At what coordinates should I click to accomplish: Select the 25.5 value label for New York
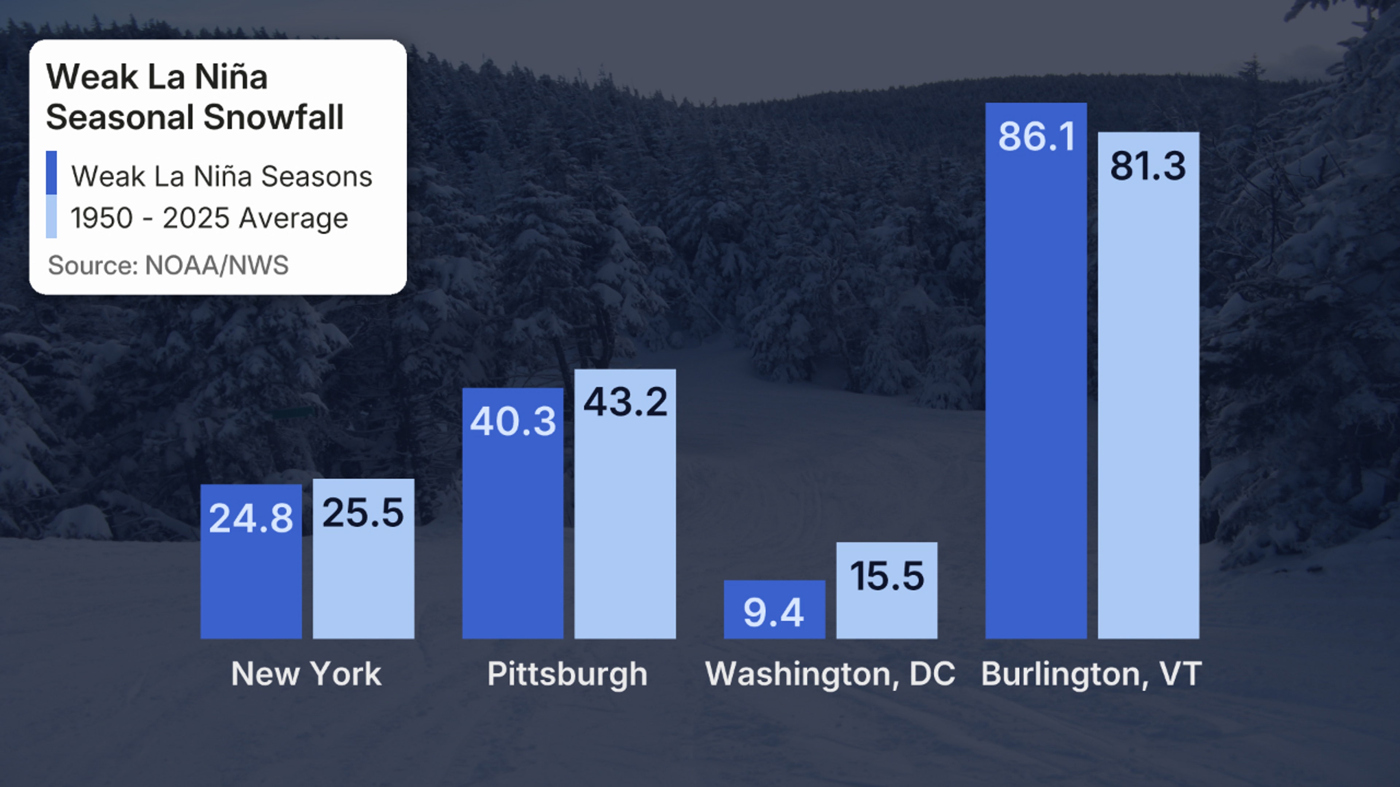(363, 512)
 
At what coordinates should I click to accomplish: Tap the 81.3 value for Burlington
(1148, 166)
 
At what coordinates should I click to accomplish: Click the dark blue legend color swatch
(52, 173)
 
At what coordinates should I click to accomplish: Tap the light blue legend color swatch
(52, 216)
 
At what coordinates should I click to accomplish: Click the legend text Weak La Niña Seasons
(222, 176)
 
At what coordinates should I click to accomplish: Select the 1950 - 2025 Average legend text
(209, 218)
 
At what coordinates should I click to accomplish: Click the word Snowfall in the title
(273, 117)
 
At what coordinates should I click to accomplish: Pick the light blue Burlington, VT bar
(1148, 407)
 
